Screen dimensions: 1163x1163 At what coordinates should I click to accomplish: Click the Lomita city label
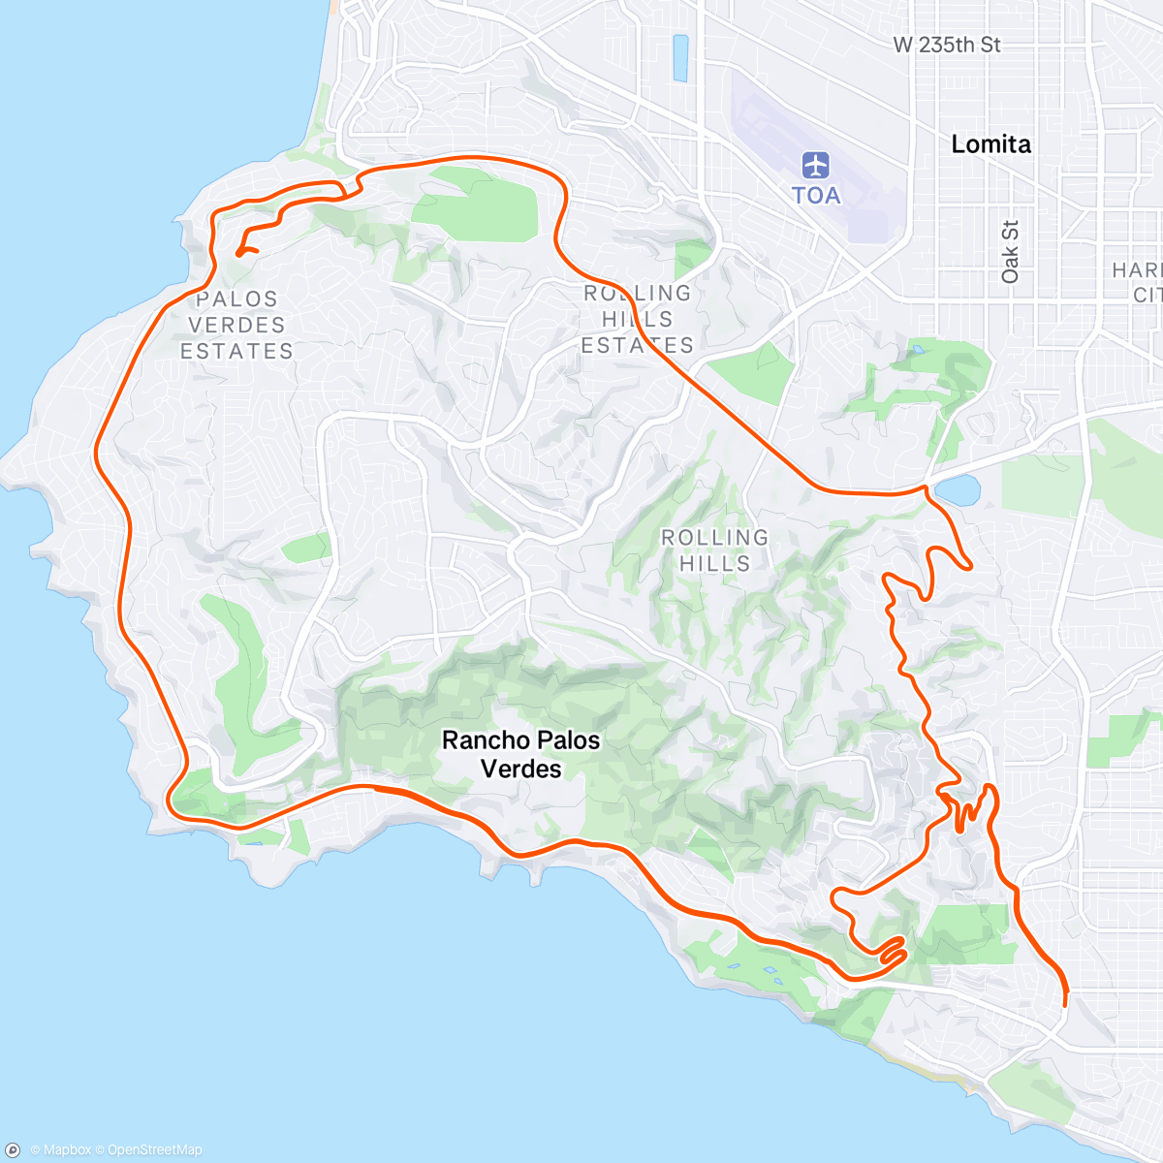(990, 144)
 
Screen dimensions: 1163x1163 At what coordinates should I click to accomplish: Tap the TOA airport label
(816, 196)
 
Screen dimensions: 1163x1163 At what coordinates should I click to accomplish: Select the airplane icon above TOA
(816, 165)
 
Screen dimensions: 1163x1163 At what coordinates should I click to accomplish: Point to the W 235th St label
(947, 45)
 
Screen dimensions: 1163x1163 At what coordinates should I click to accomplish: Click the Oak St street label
(1011, 252)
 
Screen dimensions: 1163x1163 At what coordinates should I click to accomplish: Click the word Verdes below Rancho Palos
(521, 770)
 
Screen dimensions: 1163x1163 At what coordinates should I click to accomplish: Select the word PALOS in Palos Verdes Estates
(237, 299)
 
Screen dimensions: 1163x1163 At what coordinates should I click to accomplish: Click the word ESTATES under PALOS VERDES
(237, 351)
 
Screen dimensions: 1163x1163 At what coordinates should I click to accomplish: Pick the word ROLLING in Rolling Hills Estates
(638, 294)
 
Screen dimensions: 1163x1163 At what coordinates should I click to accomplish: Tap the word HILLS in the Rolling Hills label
(714, 563)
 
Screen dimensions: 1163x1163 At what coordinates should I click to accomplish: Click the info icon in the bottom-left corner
(14, 1149)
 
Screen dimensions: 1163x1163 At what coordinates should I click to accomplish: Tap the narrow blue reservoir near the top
(680, 57)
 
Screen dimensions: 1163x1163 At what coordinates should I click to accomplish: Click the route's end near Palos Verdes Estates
(238, 253)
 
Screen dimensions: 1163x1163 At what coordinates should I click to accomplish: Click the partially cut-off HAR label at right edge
(1136, 269)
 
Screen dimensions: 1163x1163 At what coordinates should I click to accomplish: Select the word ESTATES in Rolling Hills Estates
(638, 346)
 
